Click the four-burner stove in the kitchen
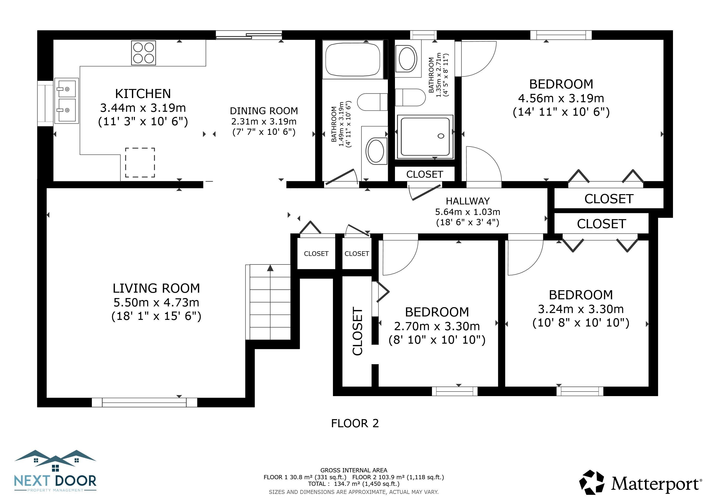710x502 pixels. (x=143, y=53)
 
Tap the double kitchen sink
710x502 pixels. (x=66, y=101)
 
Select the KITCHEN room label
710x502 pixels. (x=143, y=94)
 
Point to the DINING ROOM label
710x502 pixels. (x=264, y=111)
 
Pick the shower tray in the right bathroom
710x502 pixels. (x=425, y=137)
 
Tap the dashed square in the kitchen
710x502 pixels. (x=140, y=163)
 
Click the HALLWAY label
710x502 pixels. (x=468, y=201)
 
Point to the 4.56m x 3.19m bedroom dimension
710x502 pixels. (x=561, y=98)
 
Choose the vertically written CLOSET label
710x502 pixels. (x=357, y=331)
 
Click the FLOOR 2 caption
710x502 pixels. (x=355, y=423)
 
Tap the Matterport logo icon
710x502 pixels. (x=592, y=482)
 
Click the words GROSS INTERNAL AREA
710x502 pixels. (x=354, y=470)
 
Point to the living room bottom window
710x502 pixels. (x=144, y=402)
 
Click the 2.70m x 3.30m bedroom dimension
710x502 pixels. (x=437, y=326)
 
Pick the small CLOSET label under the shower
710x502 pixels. (x=425, y=174)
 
